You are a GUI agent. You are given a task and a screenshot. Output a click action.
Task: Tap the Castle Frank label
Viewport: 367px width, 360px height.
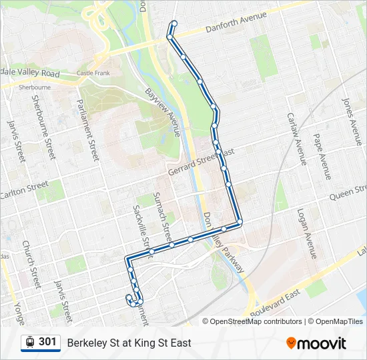pyautogui.click(x=91, y=73)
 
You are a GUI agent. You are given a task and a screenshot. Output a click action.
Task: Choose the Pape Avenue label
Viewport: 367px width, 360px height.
pyautogui.click(x=322, y=150)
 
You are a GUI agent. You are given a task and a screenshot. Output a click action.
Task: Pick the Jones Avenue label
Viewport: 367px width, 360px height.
pyautogui.click(x=354, y=122)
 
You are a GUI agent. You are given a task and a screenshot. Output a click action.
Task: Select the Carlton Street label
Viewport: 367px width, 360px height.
pyautogui.click(x=25, y=189)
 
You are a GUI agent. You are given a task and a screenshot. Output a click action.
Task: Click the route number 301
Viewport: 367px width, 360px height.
pyautogui.click(x=47, y=342)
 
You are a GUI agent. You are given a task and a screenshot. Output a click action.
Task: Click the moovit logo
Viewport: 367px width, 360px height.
pyautogui.click(x=316, y=343)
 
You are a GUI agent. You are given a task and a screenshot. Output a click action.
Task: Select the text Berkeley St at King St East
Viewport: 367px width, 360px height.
pyautogui.click(x=129, y=343)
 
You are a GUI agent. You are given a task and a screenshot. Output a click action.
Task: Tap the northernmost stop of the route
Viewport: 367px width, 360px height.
pyautogui.click(x=175, y=23)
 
